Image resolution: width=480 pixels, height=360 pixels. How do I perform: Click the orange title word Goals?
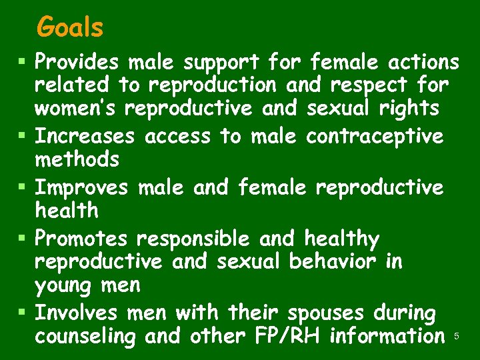click(x=70, y=28)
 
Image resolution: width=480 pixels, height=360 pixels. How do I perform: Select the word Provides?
click(x=77, y=62)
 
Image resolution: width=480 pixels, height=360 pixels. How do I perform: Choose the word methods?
click(x=77, y=160)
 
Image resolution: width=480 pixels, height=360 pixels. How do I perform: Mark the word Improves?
click(x=81, y=187)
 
